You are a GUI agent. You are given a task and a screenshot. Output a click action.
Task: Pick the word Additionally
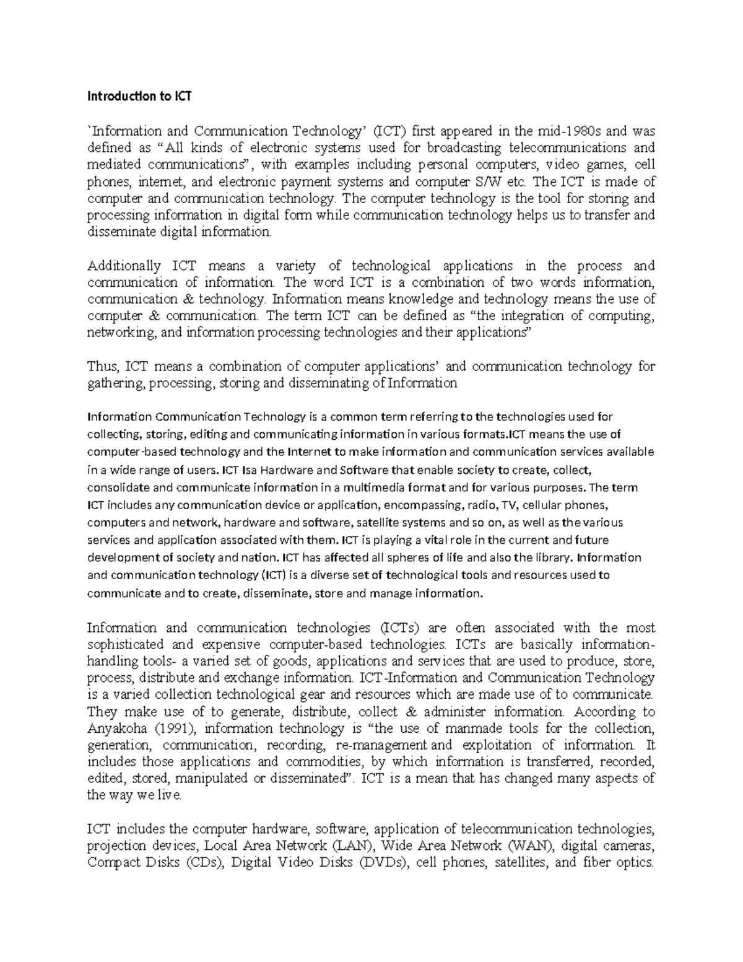pos(124,266)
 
